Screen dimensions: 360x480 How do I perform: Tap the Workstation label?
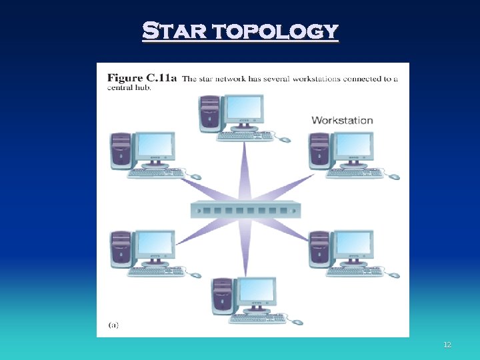(342, 120)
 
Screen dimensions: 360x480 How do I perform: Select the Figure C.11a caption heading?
(142, 79)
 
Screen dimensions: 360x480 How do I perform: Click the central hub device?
(245, 210)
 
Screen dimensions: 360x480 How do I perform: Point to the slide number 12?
(447, 345)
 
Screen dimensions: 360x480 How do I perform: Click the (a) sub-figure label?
(113, 325)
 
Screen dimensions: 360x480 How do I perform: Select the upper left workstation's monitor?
(155, 147)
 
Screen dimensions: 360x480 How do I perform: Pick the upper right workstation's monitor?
(353, 147)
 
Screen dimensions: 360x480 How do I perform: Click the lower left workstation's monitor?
(155, 245)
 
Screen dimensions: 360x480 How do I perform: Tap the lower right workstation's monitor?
(353, 245)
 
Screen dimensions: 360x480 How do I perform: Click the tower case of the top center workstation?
(210, 113)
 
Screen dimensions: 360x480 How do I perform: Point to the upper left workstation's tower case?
(121, 150)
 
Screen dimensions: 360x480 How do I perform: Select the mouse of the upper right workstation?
(394, 177)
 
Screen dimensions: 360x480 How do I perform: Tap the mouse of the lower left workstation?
(195, 275)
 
